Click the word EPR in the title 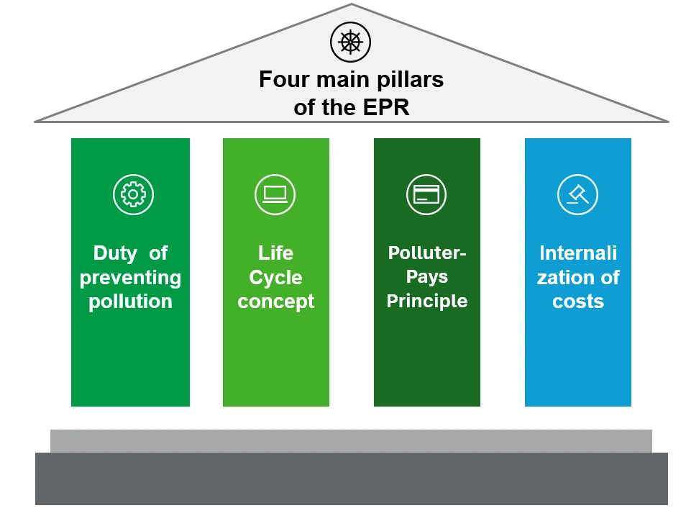click(383, 107)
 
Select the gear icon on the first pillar click(133, 194)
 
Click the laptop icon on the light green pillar click(275, 194)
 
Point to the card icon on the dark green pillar click(426, 194)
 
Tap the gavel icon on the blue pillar click(577, 194)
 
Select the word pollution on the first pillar click(130, 301)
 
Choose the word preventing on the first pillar click(130, 277)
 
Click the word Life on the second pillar click(275, 253)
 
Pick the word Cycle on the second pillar click(275, 277)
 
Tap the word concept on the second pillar click(275, 301)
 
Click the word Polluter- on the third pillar click(427, 253)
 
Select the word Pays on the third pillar click(427, 276)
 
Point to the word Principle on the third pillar click(427, 300)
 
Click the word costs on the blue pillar click(577, 301)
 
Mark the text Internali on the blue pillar click(577, 253)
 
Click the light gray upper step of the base click(351, 440)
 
